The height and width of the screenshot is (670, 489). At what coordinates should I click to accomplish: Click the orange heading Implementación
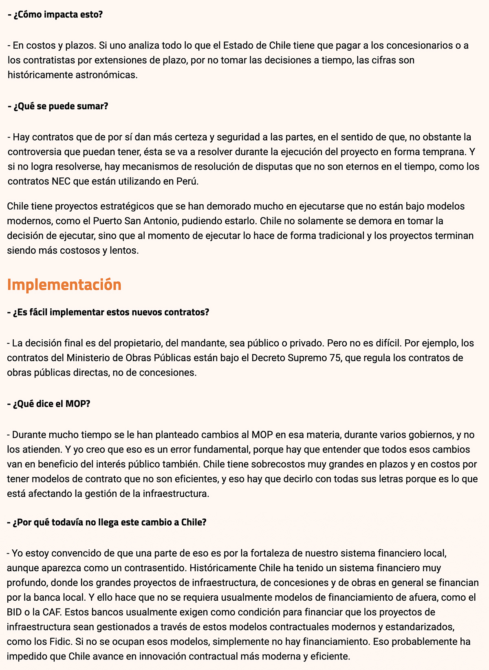[x=64, y=285]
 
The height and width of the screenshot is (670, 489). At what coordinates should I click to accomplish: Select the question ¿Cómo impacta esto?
[x=55, y=15]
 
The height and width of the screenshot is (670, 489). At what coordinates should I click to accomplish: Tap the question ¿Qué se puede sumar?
[x=58, y=106]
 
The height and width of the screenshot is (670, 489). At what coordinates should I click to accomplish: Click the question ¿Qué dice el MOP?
[x=48, y=404]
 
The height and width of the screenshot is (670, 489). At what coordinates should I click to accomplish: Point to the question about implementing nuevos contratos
[x=108, y=312]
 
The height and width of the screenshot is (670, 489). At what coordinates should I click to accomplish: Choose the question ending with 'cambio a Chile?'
[x=107, y=522]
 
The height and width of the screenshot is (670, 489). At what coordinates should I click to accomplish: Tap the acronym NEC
[x=61, y=181]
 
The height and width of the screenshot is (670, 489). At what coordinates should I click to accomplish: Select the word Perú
[x=187, y=181]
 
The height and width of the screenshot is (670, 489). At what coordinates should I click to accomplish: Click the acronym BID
[x=15, y=612]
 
